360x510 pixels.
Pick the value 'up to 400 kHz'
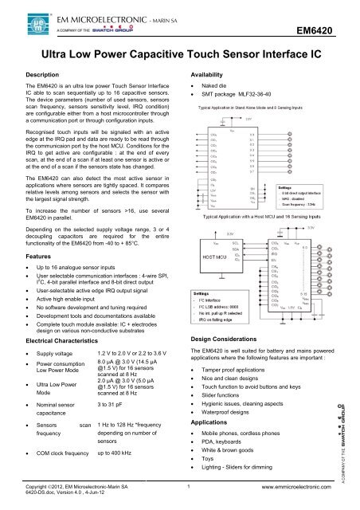click(119, 452)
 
